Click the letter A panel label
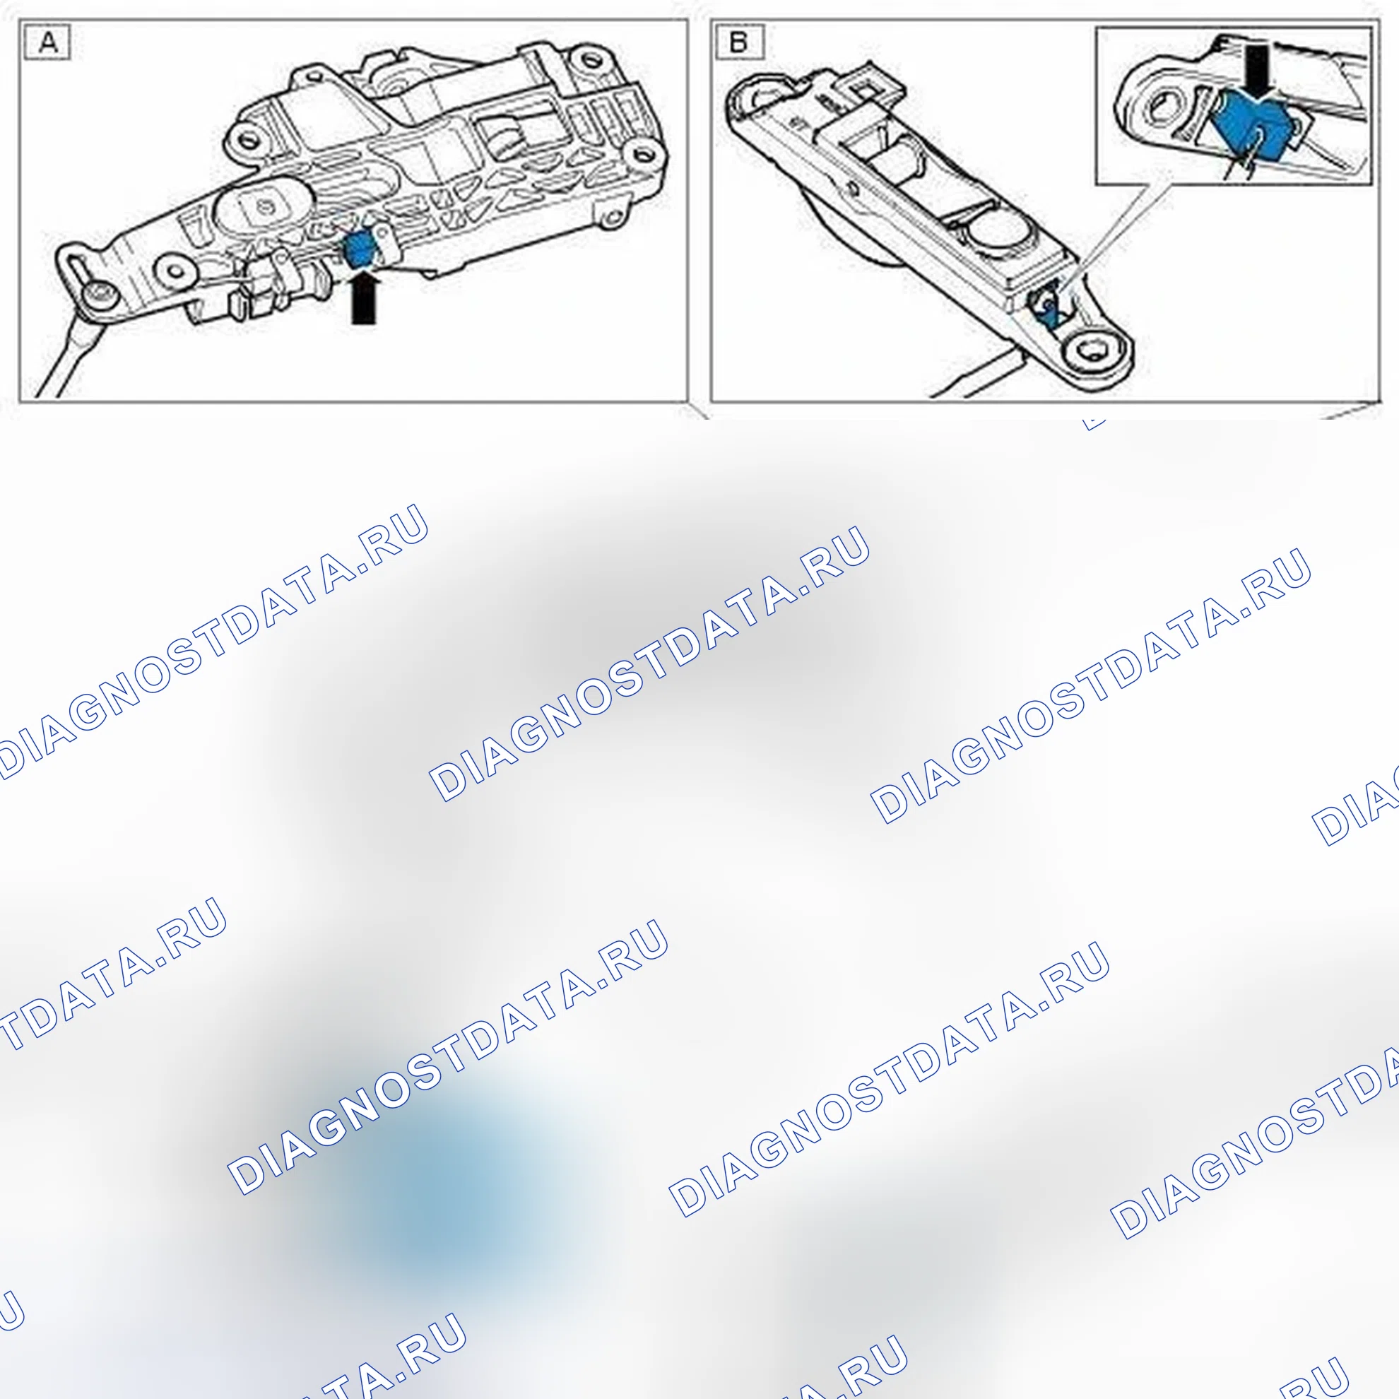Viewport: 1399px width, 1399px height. coord(48,42)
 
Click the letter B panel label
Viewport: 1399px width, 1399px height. coord(738,42)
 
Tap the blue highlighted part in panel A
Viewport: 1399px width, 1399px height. coord(360,249)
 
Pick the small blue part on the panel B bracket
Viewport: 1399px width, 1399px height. coord(1048,314)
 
